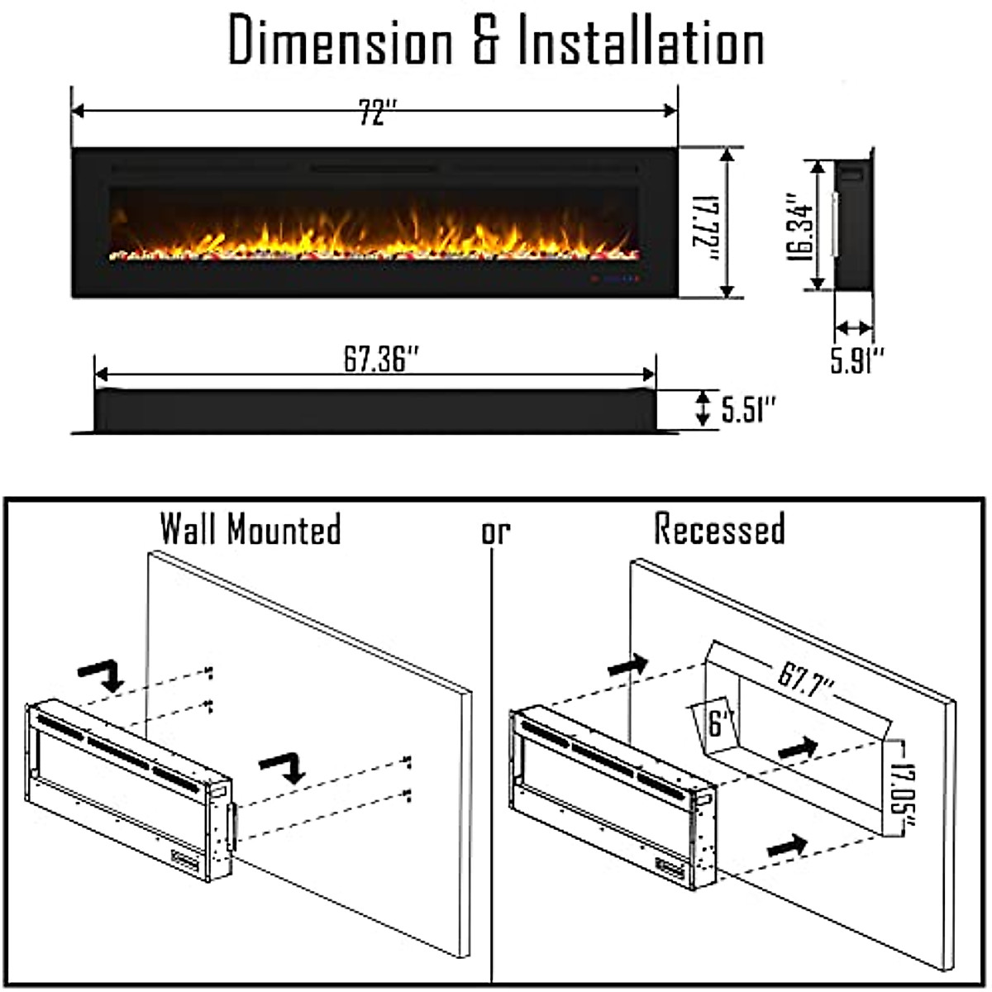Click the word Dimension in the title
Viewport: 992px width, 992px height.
click(x=340, y=41)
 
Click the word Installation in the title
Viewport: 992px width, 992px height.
click(x=640, y=41)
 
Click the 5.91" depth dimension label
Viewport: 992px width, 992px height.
click(x=857, y=360)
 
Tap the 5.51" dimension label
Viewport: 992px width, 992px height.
click(x=749, y=409)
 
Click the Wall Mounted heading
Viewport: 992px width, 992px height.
click(x=250, y=529)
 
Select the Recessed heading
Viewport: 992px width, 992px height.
click(x=719, y=529)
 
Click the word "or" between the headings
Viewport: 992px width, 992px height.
click(x=496, y=532)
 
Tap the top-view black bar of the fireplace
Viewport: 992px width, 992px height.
click(x=376, y=410)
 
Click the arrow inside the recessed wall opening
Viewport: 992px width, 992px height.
click(x=798, y=749)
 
